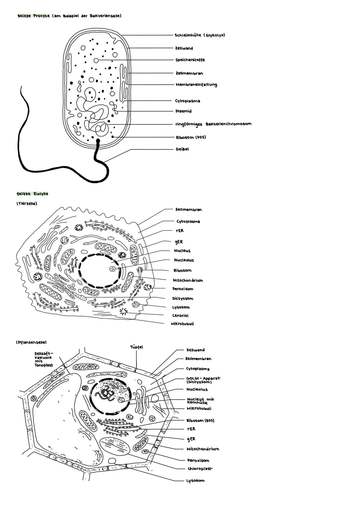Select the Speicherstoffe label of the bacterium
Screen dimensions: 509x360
pos(190,60)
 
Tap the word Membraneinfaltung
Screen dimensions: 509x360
pos(196,84)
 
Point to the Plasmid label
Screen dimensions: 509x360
pos(183,111)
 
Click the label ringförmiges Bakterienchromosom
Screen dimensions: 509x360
pos(213,124)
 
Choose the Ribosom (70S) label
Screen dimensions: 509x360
pos(191,137)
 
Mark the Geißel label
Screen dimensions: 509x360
pos(182,149)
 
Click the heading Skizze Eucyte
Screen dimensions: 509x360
pos(32,194)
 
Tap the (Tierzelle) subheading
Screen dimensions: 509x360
pos(27,203)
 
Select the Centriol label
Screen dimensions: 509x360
pos(180,315)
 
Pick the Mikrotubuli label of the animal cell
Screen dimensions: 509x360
pos(182,324)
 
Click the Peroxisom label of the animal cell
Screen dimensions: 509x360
pos(183,289)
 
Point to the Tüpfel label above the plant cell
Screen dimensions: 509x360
pos(136,347)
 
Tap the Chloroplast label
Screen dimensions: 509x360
pos(200,469)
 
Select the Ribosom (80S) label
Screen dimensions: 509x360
pos(200,421)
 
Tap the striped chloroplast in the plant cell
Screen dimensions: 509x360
pos(115,445)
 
